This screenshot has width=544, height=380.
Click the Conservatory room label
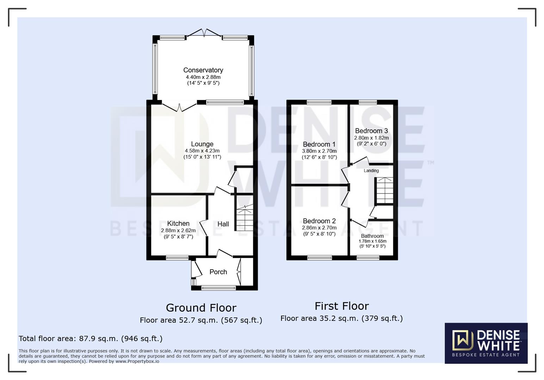coord(203,70)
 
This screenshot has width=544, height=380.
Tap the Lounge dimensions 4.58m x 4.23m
coord(202,151)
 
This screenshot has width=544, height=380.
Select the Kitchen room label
coord(178,223)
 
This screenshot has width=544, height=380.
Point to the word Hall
coord(223,224)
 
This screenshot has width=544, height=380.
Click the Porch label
coord(218,272)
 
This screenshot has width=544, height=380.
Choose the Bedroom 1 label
coord(319,145)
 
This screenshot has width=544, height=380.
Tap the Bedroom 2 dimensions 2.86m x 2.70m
coord(319,228)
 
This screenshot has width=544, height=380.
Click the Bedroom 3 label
coord(371,131)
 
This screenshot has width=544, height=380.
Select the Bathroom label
coord(372,236)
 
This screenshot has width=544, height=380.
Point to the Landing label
coord(371,171)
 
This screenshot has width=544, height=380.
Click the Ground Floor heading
coord(201,308)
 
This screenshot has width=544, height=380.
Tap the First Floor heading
coord(342,306)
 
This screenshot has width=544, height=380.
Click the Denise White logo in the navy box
coord(486,343)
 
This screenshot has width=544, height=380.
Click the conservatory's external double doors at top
coord(204,33)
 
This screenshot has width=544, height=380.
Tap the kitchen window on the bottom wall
coord(177,258)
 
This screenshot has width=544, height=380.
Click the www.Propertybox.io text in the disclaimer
coord(137,361)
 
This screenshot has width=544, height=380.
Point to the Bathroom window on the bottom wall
coord(368,258)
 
